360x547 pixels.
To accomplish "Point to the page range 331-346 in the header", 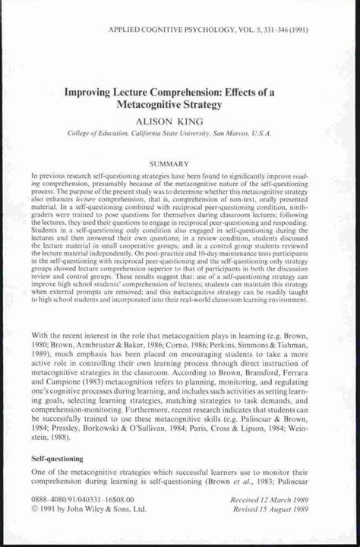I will click(x=274, y=31).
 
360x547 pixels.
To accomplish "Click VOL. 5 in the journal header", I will click(x=238, y=31).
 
